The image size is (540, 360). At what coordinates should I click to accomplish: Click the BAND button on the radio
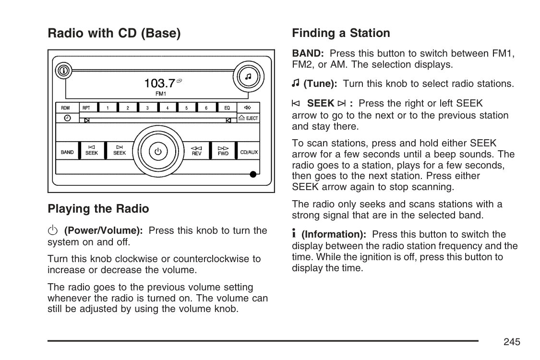coord(67,152)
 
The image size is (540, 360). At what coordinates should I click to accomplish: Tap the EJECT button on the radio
coord(248,118)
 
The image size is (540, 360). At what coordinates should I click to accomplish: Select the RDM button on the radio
coord(66,108)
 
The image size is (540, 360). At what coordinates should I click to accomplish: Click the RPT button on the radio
coord(86,108)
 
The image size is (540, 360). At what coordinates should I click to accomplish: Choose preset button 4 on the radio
coord(167,108)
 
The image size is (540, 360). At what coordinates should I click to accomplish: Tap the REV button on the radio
coord(196,151)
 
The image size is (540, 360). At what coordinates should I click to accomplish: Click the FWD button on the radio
coord(223,151)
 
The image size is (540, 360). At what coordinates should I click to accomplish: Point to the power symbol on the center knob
coord(158,152)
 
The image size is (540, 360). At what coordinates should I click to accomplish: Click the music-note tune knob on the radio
coord(248,77)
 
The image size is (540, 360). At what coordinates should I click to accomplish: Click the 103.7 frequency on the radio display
coord(159,83)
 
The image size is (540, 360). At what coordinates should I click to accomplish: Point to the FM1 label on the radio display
coord(161,93)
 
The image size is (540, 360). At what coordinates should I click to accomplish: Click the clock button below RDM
coord(67,118)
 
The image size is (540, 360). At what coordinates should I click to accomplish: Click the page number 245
coord(512,342)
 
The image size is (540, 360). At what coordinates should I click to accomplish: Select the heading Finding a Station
coord(341,33)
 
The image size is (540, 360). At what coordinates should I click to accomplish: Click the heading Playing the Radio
coord(98,209)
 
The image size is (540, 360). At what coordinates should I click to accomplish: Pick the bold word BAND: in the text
coord(308,54)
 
